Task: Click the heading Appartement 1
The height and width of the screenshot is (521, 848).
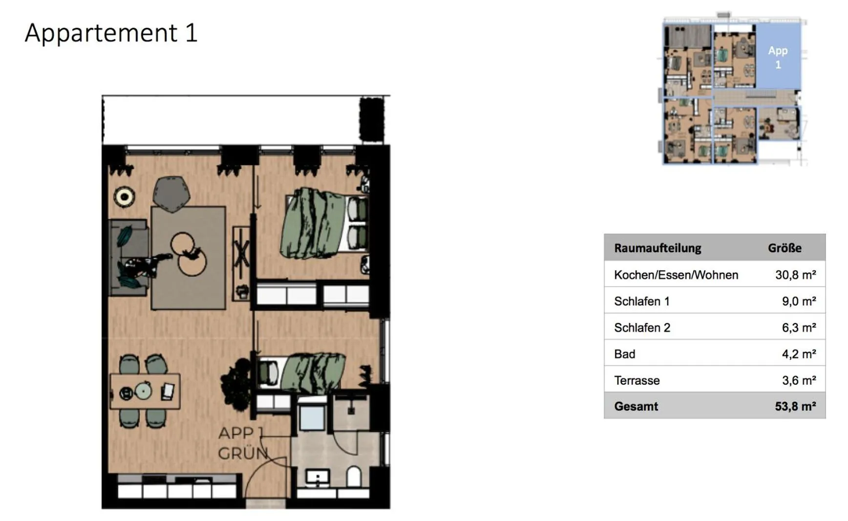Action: point(111,33)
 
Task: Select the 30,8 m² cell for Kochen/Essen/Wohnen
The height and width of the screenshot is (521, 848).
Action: point(795,275)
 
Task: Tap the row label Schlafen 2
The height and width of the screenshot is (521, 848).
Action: point(642,327)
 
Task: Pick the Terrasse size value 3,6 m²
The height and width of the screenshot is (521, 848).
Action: point(799,380)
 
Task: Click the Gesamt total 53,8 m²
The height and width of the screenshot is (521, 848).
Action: point(795,406)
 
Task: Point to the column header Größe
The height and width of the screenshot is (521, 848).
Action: point(784,248)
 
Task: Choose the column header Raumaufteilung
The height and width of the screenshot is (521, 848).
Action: point(657,248)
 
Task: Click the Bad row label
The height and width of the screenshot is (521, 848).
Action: point(624,354)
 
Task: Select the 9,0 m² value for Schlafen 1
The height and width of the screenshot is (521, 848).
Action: point(799,301)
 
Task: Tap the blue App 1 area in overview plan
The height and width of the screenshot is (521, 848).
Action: point(778,57)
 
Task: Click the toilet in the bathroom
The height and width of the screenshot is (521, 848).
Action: point(354,477)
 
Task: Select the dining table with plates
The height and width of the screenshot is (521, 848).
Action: point(145,391)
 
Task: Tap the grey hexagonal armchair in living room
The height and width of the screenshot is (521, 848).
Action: point(171,194)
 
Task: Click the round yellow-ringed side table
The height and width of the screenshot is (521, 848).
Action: point(124,196)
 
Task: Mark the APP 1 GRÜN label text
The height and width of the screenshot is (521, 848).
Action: point(242,443)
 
